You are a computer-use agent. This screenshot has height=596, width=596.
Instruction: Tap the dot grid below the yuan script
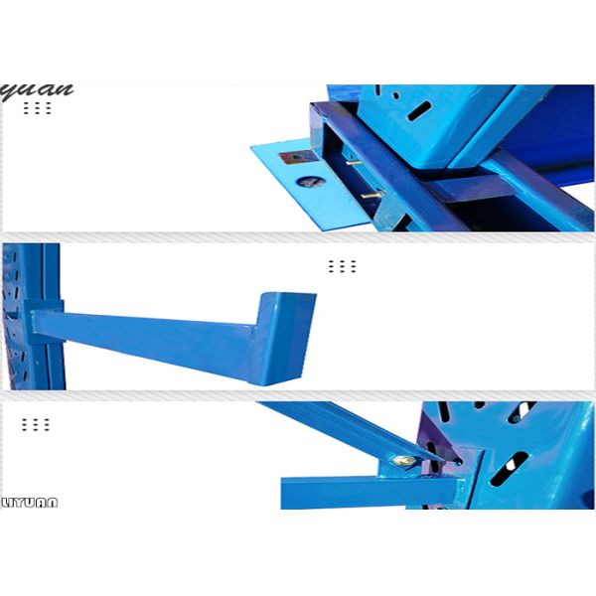[x=37, y=107]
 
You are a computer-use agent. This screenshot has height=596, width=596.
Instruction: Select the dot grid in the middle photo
[x=341, y=266]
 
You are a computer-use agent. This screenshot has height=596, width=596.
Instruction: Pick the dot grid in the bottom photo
[x=36, y=424]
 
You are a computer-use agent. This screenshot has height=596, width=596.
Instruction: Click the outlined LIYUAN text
[x=30, y=503]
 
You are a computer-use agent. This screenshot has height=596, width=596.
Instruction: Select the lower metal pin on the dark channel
[x=369, y=195]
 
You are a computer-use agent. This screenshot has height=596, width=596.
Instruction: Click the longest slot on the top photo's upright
[x=421, y=109]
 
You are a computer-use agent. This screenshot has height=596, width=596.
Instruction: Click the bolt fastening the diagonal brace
[x=404, y=460]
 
